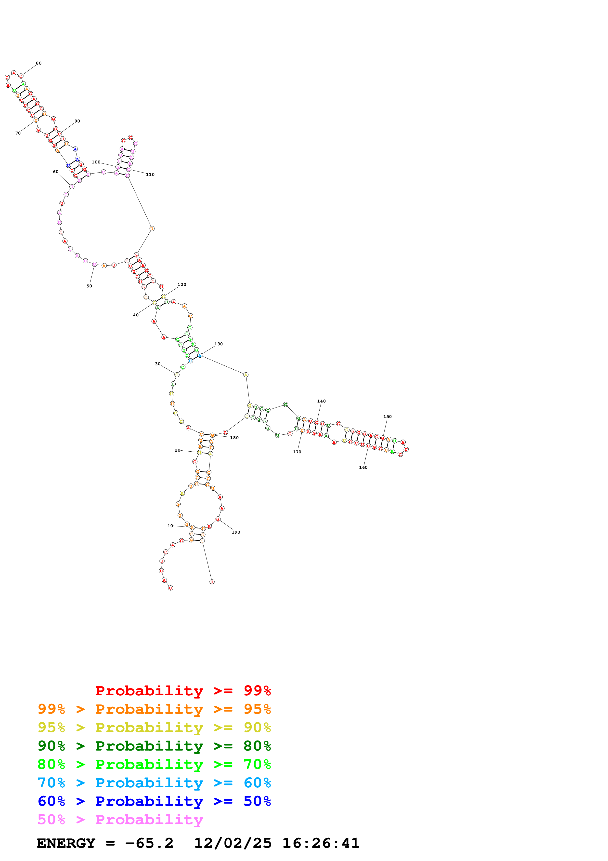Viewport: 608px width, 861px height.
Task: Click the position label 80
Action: coord(39,63)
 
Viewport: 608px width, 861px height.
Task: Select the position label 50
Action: coord(89,286)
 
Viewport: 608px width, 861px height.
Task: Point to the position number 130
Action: coord(218,344)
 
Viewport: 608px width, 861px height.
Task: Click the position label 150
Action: coord(387,417)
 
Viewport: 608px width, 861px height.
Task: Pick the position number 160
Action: coord(363,468)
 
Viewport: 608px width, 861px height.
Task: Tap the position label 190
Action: coord(236,532)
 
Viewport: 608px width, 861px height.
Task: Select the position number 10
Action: coord(170,526)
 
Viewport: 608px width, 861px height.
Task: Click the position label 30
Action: coord(158,364)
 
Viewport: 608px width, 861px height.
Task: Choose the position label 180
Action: coord(234,438)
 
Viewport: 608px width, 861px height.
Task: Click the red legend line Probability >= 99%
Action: coord(183,691)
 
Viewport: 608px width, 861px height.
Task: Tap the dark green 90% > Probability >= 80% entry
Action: coord(154,746)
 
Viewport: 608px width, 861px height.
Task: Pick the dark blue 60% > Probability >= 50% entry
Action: coord(154,801)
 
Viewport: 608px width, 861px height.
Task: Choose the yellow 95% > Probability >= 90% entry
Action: coord(154,727)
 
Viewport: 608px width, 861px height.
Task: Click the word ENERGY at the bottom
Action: coord(66,843)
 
